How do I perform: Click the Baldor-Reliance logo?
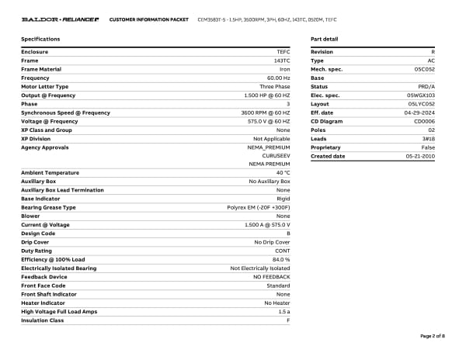pyautogui.click(x=60, y=19)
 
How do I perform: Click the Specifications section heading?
pyautogui.click(x=40, y=39)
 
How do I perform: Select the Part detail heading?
pyautogui.click(x=324, y=39)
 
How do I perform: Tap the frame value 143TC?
pyautogui.click(x=282, y=61)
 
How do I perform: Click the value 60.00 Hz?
pyautogui.click(x=278, y=78)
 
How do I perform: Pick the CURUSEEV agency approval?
pyautogui.click(x=275, y=155)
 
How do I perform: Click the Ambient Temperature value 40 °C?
pyautogui.click(x=281, y=172)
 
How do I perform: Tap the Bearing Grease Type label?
pyautogui.click(x=48, y=207)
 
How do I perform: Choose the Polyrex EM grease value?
pyautogui.click(x=259, y=207)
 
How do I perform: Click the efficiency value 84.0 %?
pyautogui.click(x=280, y=258)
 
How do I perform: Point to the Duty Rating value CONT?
pyautogui.click(x=283, y=250)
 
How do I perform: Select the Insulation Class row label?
pyautogui.click(x=42, y=320)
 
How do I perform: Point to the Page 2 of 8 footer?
pyautogui.click(x=433, y=336)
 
